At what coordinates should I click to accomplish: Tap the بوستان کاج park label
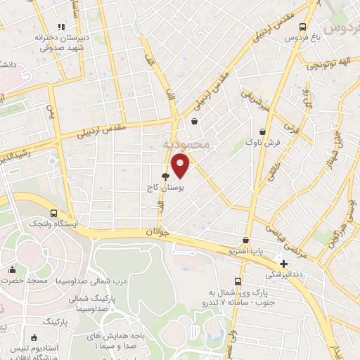(158, 188)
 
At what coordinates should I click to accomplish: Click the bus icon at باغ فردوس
(302, 27)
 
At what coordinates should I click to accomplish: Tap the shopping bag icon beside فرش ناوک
(263, 131)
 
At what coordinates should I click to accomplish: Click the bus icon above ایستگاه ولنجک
(54, 212)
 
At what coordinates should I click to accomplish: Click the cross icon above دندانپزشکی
(283, 264)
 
